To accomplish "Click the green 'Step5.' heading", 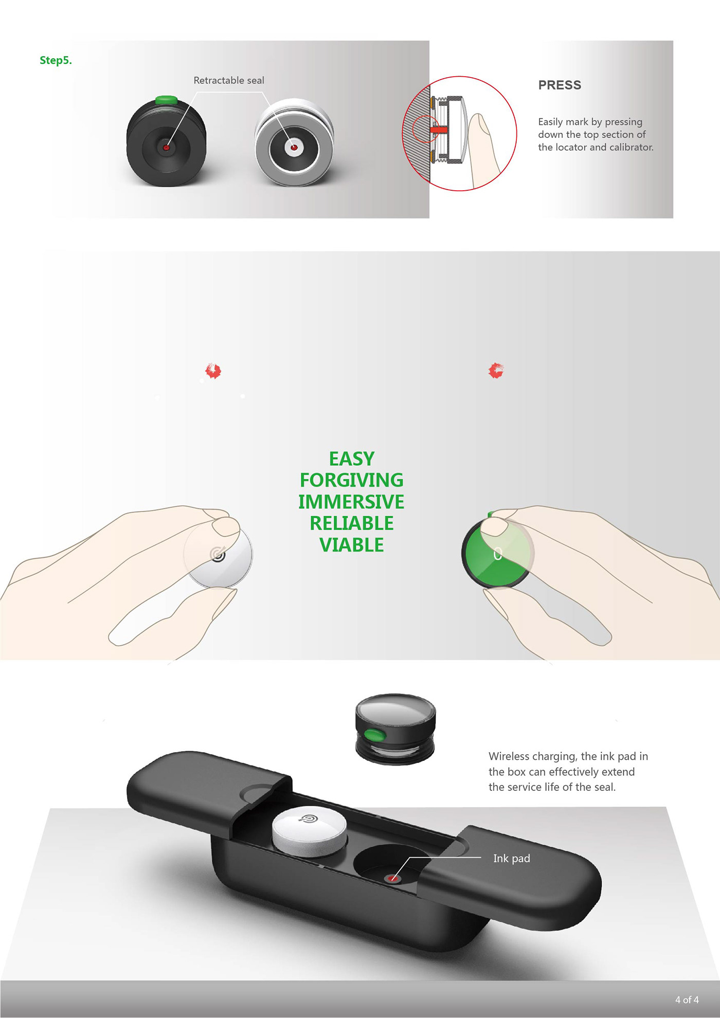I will tap(56, 60).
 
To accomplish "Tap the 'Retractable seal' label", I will tap(229, 80).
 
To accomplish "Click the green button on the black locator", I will tap(166, 99).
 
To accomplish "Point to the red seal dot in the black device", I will tap(166, 148).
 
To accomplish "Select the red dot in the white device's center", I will tap(294, 148).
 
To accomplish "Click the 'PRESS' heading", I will tap(560, 85).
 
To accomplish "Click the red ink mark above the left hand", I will tap(213, 370).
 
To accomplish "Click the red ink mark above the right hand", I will tap(496, 370).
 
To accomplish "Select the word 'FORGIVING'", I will tap(352, 480).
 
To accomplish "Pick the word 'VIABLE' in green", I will tap(352, 545).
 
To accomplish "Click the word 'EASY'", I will tap(352, 459).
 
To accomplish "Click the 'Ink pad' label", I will tap(511, 858).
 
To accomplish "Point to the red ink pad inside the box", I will tap(393, 878).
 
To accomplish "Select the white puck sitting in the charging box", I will tap(309, 830).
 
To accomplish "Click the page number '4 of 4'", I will tap(687, 999).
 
